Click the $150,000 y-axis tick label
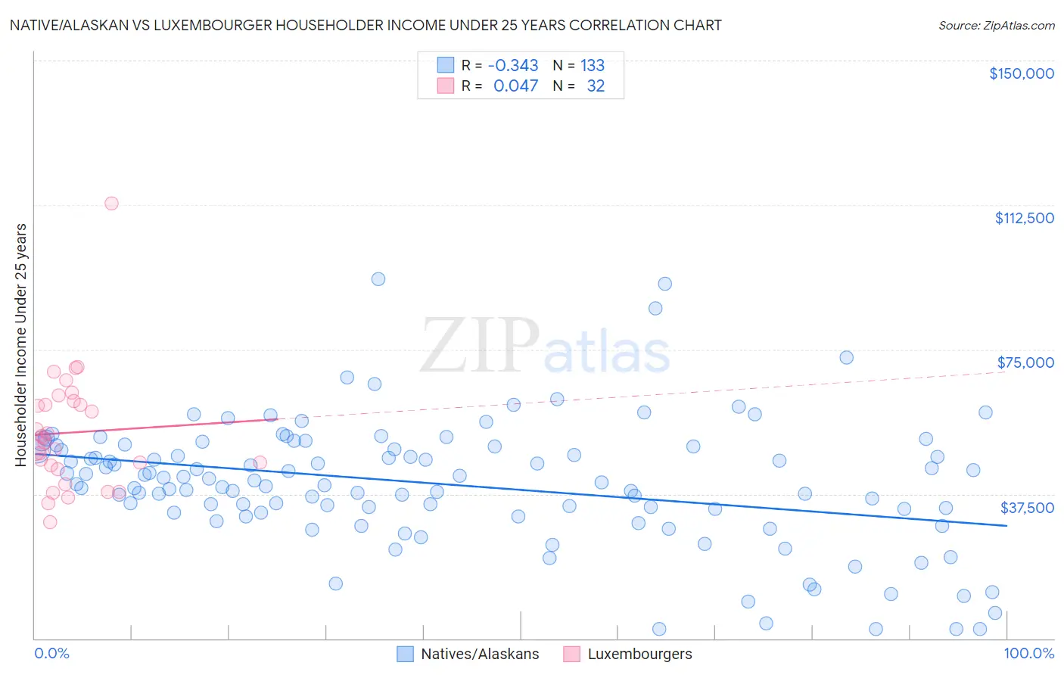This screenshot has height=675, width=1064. (x=1021, y=73)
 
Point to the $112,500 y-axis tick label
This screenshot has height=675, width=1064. (x=1024, y=218)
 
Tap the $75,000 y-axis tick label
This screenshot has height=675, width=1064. (x=1025, y=362)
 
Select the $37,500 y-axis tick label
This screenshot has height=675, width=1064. (x=1026, y=508)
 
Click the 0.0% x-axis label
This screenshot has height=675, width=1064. (x=51, y=653)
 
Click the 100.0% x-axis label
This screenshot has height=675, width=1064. (x=1028, y=653)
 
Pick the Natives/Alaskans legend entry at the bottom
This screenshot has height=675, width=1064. (x=468, y=654)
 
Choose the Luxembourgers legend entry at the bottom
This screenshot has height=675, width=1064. (x=627, y=654)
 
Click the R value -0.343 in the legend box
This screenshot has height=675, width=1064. (x=513, y=66)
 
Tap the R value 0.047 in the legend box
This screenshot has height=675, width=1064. (x=515, y=86)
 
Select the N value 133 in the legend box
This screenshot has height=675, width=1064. (x=593, y=66)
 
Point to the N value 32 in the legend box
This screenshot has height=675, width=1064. (x=596, y=86)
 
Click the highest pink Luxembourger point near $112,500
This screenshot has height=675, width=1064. (x=111, y=203)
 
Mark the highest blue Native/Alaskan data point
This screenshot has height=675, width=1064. (x=378, y=278)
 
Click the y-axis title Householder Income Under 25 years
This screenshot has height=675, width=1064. (x=21, y=344)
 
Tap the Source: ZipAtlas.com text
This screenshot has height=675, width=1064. (x=996, y=26)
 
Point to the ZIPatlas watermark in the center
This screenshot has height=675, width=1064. (x=545, y=346)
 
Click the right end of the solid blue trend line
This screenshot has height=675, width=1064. (x=1006, y=525)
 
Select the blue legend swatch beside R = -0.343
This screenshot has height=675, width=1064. (x=446, y=65)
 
